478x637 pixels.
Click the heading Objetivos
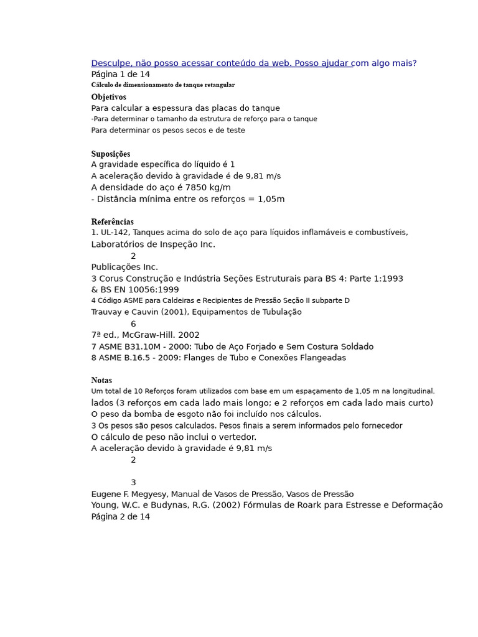pyautogui.click(x=108, y=97)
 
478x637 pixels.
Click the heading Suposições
pyautogui.click(x=111, y=154)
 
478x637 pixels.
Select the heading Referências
pyautogui.click(x=112, y=221)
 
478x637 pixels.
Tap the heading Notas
pyautogui.click(x=101, y=380)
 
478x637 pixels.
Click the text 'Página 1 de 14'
pyautogui.click(x=121, y=74)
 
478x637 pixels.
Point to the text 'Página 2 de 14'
pyautogui.click(x=121, y=516)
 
